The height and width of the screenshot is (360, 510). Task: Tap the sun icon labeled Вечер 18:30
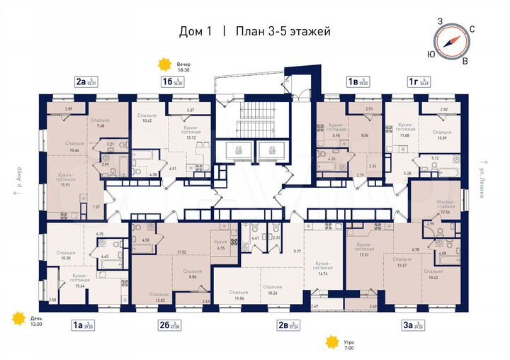165,64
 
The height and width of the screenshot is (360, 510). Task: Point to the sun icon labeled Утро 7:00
331,342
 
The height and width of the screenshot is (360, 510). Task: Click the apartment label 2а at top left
80,82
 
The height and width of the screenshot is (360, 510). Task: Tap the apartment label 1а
78,325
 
